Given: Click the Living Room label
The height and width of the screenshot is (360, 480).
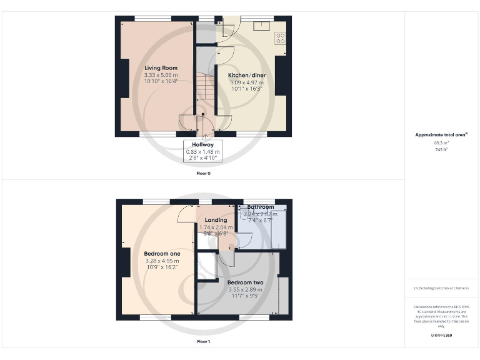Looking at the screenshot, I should [x=161, y=67].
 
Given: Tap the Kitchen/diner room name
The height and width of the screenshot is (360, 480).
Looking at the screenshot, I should [x=242, y=75].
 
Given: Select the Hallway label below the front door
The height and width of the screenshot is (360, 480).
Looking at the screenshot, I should [x=202, y=144].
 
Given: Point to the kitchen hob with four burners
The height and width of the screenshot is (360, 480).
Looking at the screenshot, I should [x=281, y=39].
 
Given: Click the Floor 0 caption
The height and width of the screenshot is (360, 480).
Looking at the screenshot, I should [x=203, y=173].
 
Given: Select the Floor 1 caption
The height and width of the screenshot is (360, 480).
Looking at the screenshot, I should [x=203, y=342].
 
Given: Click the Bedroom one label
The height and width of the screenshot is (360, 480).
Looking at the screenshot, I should [x=162, y=253].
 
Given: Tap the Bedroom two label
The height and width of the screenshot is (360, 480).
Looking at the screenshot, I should [x=245, y=282].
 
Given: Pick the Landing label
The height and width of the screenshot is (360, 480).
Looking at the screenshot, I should [x=215, y=220].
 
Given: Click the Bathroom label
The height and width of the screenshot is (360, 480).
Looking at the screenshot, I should [x=260, y=207].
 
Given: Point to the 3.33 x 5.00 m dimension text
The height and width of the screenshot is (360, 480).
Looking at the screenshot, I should [x=161, y=75].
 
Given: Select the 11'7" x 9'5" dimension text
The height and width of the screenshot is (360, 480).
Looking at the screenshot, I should [x=245, y=297].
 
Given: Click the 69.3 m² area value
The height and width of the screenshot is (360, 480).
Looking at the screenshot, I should [x=441, y=143].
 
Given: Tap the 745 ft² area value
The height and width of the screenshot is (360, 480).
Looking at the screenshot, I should [x=441, y=150].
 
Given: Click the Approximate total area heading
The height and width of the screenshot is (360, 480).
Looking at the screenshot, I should [x=441, y=134].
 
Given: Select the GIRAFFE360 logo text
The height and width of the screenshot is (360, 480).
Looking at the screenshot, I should [x=441, y=336].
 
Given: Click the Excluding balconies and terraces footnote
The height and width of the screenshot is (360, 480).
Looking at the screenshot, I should [x=441, y=288].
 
